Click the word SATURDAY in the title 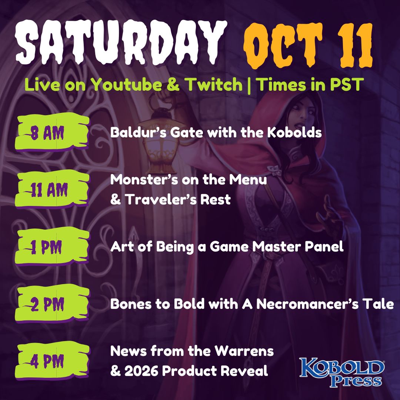tap(121, 42)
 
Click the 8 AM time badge tap(52, 132)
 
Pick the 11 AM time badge tap(52, 189)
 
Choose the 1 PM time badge tap(52, 247)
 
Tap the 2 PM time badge tap(52, 304)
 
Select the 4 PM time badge tap(52, 361)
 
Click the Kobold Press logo tap(342, 372)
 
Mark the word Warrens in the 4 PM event tap(244, 351)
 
